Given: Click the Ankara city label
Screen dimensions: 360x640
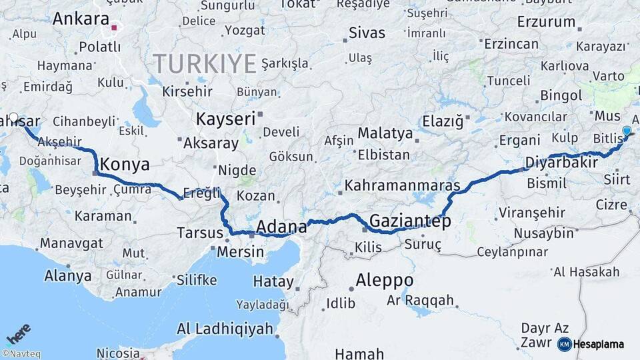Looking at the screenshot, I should point(80,19).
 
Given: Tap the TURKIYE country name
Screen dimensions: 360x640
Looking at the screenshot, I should point(205,64).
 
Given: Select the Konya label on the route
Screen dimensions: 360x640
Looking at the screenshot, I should point(124,165).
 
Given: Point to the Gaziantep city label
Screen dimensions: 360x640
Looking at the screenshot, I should point(410,221).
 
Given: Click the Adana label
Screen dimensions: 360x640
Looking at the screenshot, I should point(281,226).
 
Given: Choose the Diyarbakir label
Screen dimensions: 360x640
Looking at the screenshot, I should point(561,163).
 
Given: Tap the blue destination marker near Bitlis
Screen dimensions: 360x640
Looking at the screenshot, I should point(626,131).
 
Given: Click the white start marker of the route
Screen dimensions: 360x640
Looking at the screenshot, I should point(13,118).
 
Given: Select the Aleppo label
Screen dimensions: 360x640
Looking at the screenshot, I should point(384,280).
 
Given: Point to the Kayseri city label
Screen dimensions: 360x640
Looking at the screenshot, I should point(225,119).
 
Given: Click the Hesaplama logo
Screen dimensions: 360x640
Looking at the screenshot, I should point(591,344).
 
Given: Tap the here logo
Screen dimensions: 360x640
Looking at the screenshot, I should point(19,334).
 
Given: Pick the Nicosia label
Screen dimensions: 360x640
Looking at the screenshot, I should point(118,353).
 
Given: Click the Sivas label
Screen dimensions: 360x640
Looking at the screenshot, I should point(367,33).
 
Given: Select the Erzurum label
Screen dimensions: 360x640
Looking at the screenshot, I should point(546,21).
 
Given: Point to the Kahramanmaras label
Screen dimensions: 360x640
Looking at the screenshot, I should point(403,185).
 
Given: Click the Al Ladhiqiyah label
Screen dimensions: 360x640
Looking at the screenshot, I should point(225,329).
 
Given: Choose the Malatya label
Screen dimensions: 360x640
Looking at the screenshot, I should point(385,133).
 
